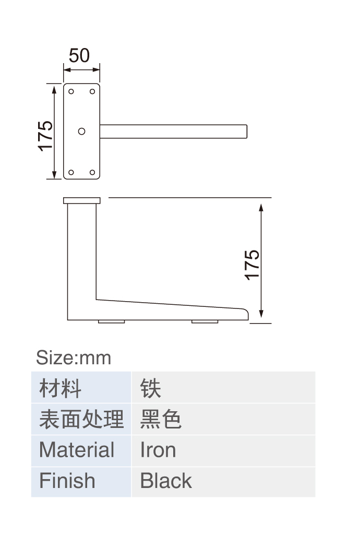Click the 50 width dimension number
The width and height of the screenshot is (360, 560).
[x=79, y=56]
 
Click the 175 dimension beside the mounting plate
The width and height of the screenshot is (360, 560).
[x=46, y=136]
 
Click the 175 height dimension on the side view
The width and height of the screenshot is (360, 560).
[x=252, y=265]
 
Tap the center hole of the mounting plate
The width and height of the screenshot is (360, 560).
[x=81, y=132]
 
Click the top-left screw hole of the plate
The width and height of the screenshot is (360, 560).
[x=71, y=92]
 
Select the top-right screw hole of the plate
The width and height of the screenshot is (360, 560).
[x=92, y=92]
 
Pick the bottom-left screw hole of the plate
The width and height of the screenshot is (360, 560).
[x=71, y=173]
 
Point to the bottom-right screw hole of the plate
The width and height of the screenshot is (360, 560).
[x=92, y=173]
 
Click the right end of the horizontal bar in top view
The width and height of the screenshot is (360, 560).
[x=247, y=132]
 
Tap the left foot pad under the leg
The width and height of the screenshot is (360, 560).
[x=112, y=322]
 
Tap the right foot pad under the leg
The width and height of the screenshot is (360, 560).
[x=205, y=322]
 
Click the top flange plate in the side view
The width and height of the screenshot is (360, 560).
[x=82, y=201]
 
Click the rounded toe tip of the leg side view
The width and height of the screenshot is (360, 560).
[x=247, y=314]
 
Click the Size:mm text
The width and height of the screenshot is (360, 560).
[x=74, y=358]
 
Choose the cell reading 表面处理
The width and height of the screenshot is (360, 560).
[x=81, y=419]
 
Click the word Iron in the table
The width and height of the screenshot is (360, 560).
[x=158, y=450]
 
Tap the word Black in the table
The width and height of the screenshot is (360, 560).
[x=166, y=481]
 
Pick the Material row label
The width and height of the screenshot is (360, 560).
[x=77, y=450]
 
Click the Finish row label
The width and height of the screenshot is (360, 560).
[x=67, y=481]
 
